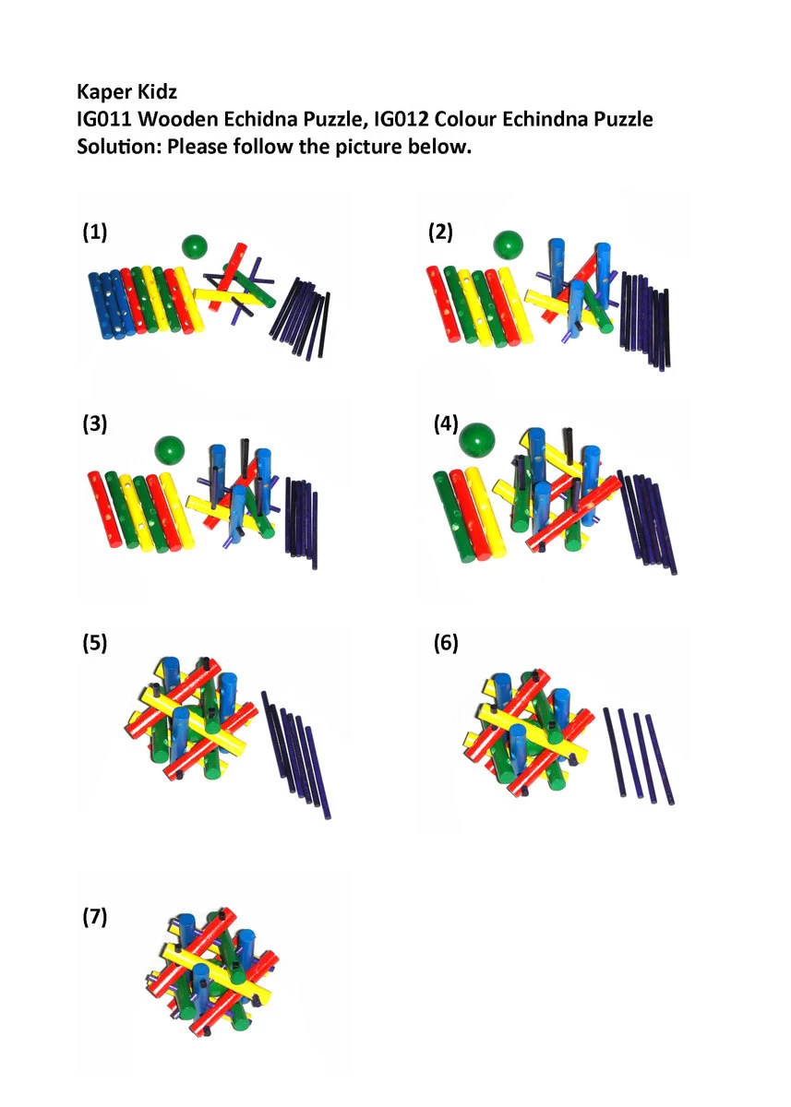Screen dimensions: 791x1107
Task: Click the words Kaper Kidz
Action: point(126,91)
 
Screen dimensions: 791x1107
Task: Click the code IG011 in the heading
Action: point(105,119)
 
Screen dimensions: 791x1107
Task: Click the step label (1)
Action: point(94,232)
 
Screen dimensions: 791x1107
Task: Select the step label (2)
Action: point(440,232)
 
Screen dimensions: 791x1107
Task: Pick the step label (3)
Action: point(94,424)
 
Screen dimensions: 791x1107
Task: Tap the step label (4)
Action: point(446,424)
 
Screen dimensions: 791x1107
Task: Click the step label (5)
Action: point(94,643)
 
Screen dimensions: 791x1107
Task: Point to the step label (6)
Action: point(446,643)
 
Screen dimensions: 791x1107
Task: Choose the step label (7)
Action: point(94,917)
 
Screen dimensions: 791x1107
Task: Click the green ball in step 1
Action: point(195,246)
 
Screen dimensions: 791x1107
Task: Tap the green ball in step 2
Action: point(508,245)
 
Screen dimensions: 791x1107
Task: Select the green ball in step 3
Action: point(170,450)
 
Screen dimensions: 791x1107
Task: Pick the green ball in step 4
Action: point(477,439)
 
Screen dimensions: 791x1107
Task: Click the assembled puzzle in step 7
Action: point(212,973)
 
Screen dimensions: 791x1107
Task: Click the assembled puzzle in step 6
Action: point(529,734)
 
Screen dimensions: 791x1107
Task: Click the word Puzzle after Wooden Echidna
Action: point(327,119)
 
